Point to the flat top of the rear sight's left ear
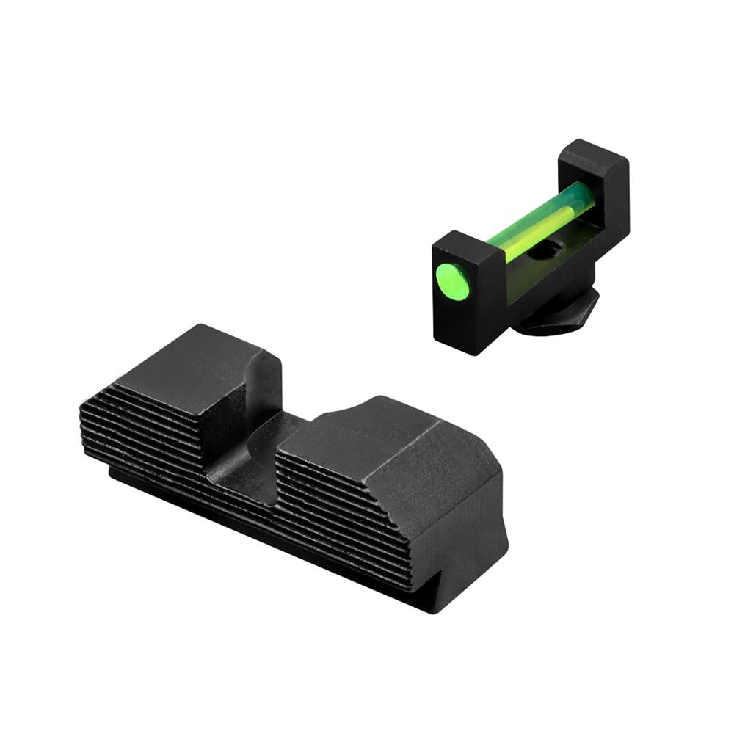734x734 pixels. coord(198,367)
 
